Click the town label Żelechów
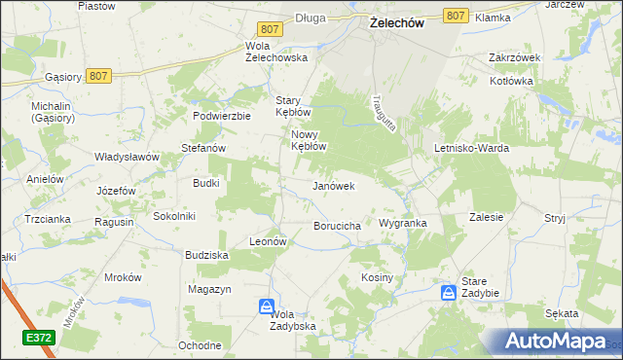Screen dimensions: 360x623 tap(397, 24)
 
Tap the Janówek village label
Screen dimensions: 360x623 tap(333, 185)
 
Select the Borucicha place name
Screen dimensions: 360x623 tap(338, 226)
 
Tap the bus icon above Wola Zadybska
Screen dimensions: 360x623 tap(267, 306)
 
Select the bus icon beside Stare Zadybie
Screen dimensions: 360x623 tap(447, 292)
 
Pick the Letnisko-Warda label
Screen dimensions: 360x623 tap(471, 148)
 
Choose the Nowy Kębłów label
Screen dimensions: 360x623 tap(308, 140)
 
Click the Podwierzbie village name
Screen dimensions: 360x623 tap(222, 115)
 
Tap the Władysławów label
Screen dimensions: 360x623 tap(126, 156)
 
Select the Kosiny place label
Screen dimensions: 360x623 tap(377, 277)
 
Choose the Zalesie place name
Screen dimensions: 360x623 tap(486, 218)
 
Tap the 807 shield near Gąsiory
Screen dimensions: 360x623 tap(97, 75)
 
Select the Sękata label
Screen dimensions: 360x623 tap(562, 313)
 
